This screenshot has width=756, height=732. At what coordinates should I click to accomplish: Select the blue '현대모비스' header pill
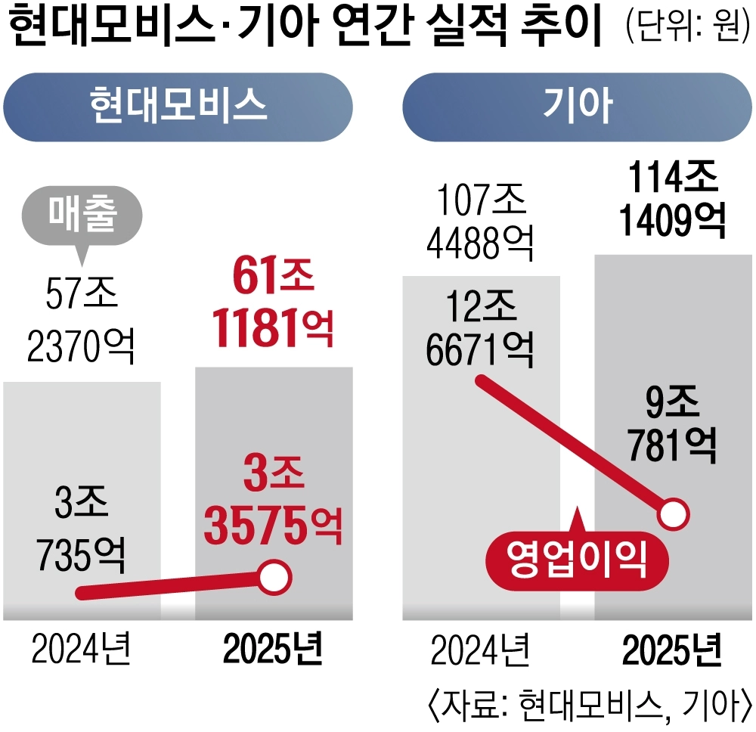click(x=178, y=106)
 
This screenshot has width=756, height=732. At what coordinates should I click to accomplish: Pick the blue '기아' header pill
click(x=578, y=106)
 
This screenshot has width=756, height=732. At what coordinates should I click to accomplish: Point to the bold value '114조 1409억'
click(x=672, y=200)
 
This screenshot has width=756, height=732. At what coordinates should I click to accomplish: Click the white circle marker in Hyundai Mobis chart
click(x=274, y=578)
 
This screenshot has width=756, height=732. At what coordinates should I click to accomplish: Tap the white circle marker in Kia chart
click(x=674, y=515)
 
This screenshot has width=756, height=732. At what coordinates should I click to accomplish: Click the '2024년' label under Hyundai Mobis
click(x=82, y=649)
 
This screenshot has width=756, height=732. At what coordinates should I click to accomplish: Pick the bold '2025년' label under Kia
click(x=673, y=649)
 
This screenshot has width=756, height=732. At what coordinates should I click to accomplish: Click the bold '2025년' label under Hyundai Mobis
click(x=273, y=649)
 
